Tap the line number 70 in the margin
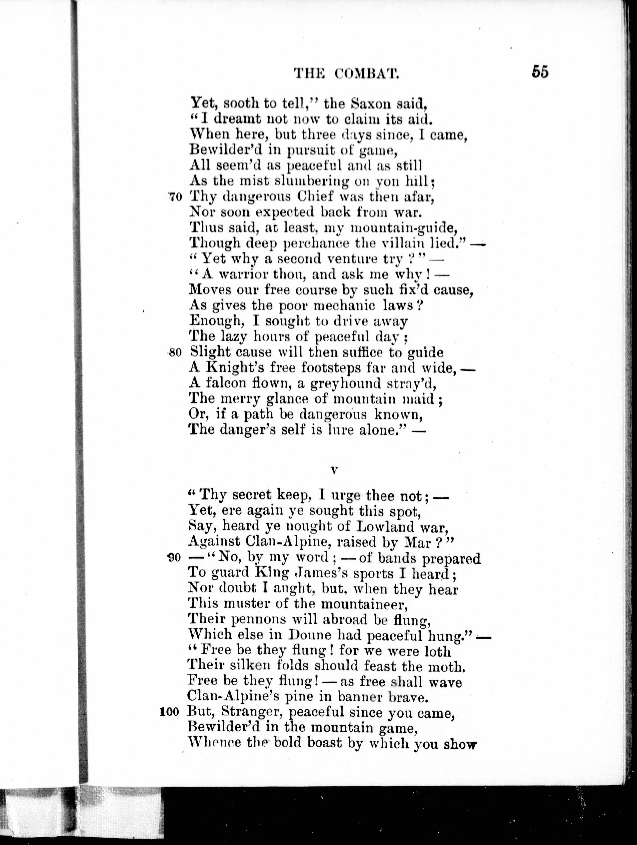coord(175,197)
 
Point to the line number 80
coord(174,353)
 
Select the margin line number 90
coord(174,558)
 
